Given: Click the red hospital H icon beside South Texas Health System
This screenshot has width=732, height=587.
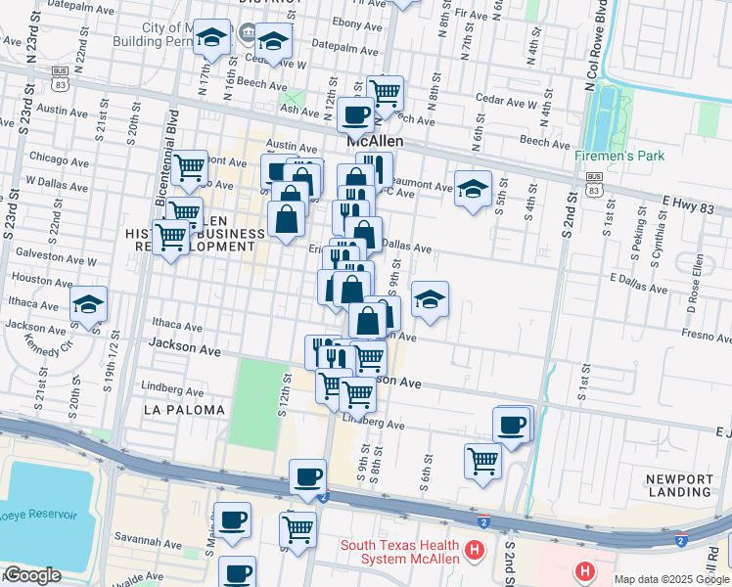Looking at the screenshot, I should click(x=476, y=551).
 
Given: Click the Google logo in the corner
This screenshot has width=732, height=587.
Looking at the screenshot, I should click(x=32, y=575).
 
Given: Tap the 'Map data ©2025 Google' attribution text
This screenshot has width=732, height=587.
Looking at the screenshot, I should click(x=671, y=579).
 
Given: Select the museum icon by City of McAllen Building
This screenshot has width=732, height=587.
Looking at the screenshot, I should click(x=246, y=36).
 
